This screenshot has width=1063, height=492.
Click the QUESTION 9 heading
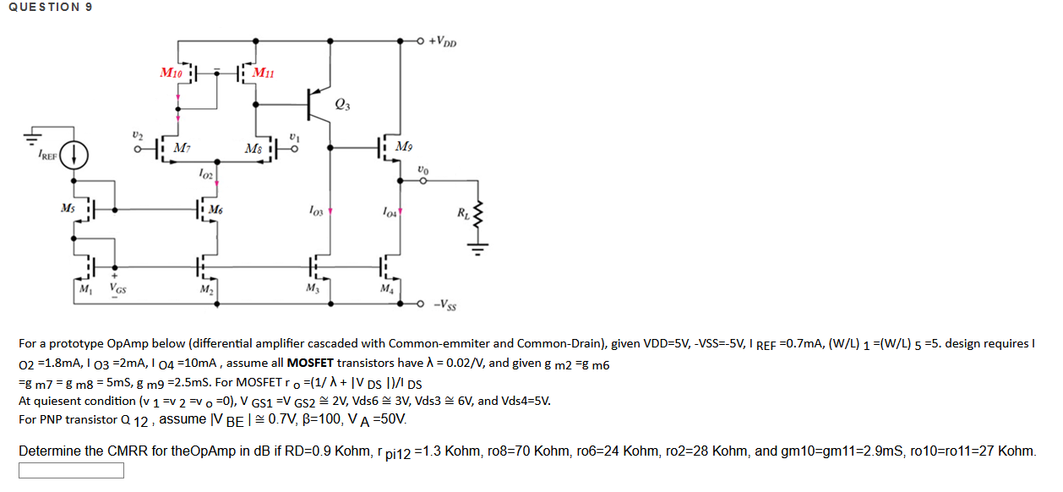pos(51,7)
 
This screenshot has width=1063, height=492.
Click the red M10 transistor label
pos(171,73)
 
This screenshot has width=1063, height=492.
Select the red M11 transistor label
pos(263,73)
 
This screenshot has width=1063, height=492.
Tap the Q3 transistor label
pos(342,104)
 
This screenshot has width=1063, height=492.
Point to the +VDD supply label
pos(442,41)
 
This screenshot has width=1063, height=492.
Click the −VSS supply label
pos(445,304)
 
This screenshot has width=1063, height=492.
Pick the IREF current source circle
pos(74,156)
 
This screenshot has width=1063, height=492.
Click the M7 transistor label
pos(182,148)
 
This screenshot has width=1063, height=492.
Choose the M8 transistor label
pos(253,149)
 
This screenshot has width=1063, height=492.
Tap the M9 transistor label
pos(404,146)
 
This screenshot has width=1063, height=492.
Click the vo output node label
pos(422,170)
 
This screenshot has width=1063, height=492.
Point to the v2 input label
pos(137,135)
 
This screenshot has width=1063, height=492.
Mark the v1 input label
pos(294,137)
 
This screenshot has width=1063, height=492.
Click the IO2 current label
pos(205,174)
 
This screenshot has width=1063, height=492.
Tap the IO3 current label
pos(315,210)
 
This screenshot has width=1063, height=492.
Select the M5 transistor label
pos(68,209)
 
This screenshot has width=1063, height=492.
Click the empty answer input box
pos(71,470)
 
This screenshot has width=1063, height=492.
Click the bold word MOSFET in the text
pos(310,363)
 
